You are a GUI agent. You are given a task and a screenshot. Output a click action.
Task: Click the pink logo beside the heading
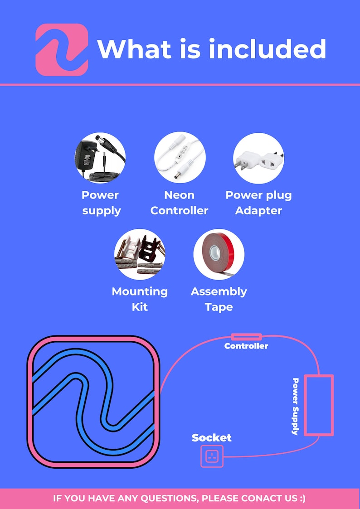tap(62, 50)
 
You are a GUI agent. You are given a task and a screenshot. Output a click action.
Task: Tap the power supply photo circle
tap(100, 158)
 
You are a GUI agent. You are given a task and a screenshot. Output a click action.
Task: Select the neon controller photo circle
tap(180, 157)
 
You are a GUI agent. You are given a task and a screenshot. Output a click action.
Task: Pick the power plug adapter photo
tap(259, 158)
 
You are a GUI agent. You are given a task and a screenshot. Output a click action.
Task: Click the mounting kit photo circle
tap(140, 254)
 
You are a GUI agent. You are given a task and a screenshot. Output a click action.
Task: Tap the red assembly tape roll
tap(219, 254)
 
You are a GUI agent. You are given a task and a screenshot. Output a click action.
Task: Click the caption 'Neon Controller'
tap(179, 203)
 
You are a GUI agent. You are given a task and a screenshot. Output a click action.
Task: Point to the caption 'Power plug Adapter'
tap(259, 203)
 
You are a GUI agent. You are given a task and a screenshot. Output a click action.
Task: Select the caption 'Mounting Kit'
tap(140, 299)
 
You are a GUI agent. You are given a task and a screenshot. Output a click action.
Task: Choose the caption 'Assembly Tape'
tap(219, 299)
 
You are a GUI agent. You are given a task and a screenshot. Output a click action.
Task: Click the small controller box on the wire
tap(246, 337)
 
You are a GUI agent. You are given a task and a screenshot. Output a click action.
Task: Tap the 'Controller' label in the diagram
tap(246, 346)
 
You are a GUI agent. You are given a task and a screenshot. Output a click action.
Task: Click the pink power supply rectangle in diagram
tap(319, 405)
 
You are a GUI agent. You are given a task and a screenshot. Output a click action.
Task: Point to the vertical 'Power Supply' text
tap(296, 406)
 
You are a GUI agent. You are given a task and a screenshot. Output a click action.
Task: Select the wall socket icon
tap(212, 456)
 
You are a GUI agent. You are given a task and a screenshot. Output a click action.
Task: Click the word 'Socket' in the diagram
tap(212, 437)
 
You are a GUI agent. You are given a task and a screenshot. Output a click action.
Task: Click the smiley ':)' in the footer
tap(302, 498)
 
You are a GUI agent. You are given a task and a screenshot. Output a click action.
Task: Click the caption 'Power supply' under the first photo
tap(101, 203)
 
